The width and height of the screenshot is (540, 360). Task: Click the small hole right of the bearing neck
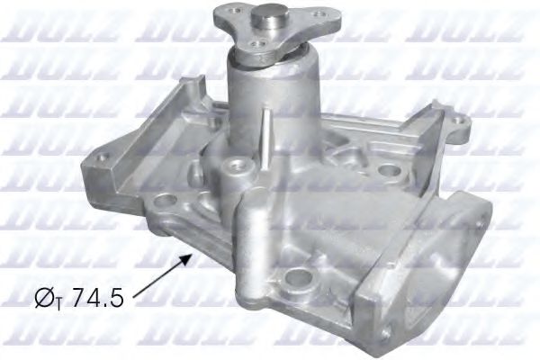[388, 169]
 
